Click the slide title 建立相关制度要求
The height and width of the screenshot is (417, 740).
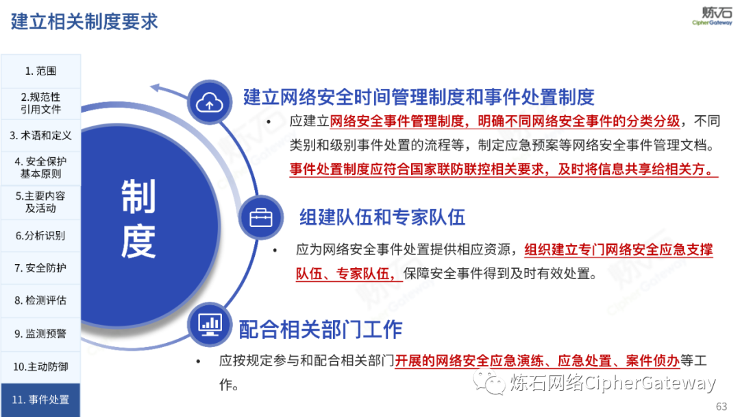point(84,22)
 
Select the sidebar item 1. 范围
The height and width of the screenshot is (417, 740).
point(40,71)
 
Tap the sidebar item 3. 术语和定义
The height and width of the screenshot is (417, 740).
point(40,136)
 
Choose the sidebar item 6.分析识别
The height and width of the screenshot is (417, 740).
point(40,235)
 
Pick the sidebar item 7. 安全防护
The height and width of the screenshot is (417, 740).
point(40,267)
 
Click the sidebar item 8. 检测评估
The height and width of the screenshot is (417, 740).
point(40,300)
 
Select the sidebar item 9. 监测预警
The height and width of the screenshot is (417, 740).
point(40,333)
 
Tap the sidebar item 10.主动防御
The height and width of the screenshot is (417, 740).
point(40,366)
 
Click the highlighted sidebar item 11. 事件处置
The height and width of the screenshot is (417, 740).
point(40,400)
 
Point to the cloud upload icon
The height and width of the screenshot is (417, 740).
point(210,102)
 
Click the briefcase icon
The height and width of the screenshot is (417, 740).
point(261,217)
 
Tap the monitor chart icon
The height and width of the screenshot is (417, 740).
point(210,324)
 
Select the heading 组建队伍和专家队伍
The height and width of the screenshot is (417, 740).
point(382,217)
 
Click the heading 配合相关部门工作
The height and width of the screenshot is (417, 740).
point(321,329)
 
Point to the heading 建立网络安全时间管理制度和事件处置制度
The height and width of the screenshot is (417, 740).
point(419,97)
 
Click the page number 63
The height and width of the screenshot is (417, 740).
point(721,407)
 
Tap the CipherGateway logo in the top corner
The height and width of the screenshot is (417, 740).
point(712,16)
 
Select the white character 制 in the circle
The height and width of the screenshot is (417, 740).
point(138,196)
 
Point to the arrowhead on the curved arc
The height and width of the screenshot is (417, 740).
point(156,87)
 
